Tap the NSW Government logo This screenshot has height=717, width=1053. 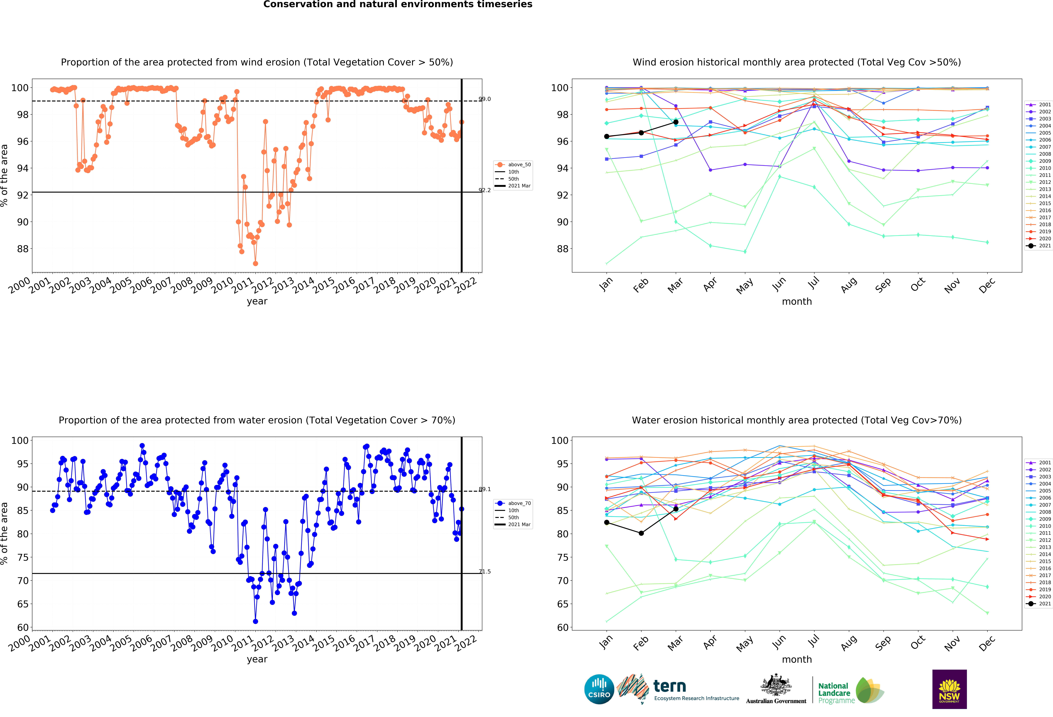(949, 689)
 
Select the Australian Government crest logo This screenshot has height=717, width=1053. (776, 689)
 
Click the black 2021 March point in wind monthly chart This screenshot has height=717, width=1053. (676, 122)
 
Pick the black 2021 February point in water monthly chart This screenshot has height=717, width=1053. (641, 533)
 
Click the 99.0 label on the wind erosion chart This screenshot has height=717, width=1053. (484, 99)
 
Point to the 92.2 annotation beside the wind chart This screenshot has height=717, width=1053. (484, 190)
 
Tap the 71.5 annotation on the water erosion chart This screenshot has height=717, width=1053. (484, 571)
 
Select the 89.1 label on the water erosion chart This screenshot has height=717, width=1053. (484, 489)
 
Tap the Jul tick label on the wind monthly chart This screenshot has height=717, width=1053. (814, 283)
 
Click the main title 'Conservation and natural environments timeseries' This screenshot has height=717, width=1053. (398, 4)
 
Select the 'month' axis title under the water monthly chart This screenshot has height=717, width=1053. (797, 660)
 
